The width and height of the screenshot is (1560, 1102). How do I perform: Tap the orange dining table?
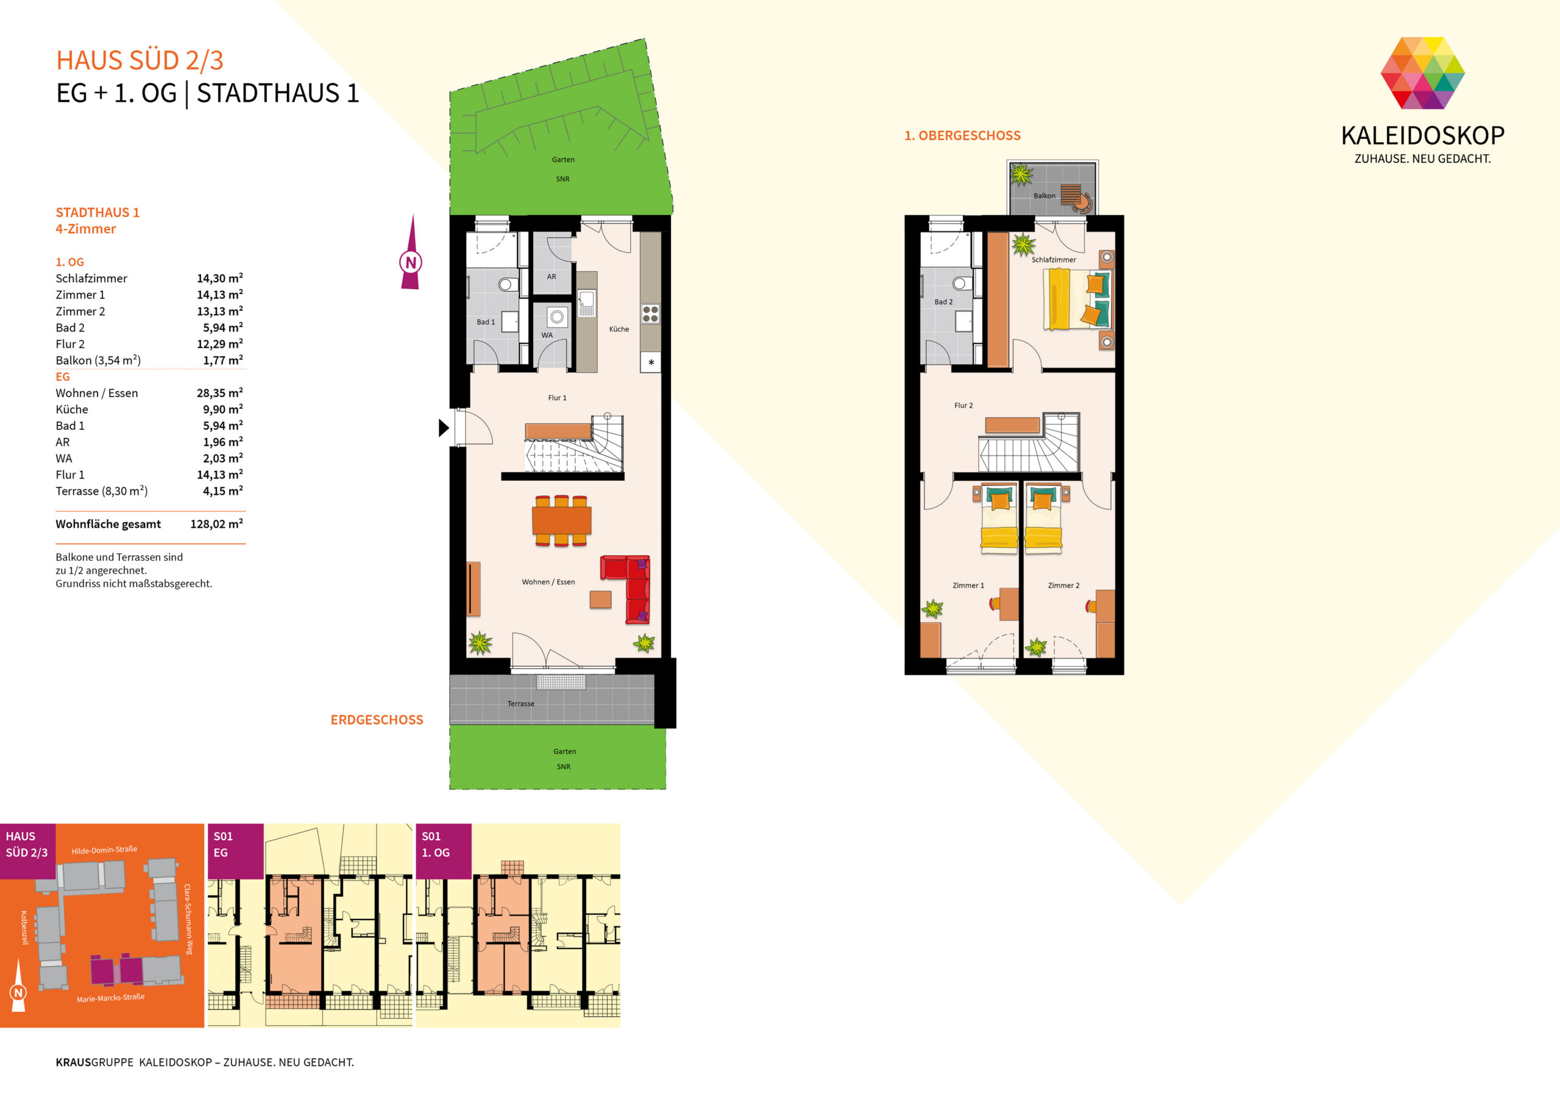561,520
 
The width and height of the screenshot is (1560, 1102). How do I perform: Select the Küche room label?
619,329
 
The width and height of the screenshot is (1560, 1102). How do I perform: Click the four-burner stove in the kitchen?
650,313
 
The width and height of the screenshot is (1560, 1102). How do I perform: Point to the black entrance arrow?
444,428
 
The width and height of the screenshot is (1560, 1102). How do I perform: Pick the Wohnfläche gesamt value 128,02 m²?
217,524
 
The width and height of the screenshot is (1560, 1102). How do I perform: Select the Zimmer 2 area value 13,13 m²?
219,311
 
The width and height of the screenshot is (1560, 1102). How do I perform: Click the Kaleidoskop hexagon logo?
1423,72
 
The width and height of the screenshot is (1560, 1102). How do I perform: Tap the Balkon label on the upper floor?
1044,195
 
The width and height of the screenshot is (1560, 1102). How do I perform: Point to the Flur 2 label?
963,405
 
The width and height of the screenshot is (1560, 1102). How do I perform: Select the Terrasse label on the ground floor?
520,703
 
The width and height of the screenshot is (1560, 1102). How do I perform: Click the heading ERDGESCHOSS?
377,720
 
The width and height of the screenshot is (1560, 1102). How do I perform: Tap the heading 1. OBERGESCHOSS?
962,136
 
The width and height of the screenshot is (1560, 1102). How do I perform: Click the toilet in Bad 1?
507,284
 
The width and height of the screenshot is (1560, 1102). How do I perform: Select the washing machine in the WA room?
557,317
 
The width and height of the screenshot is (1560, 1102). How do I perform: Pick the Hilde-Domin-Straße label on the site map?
105,850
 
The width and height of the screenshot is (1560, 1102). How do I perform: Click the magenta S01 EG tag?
235,851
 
